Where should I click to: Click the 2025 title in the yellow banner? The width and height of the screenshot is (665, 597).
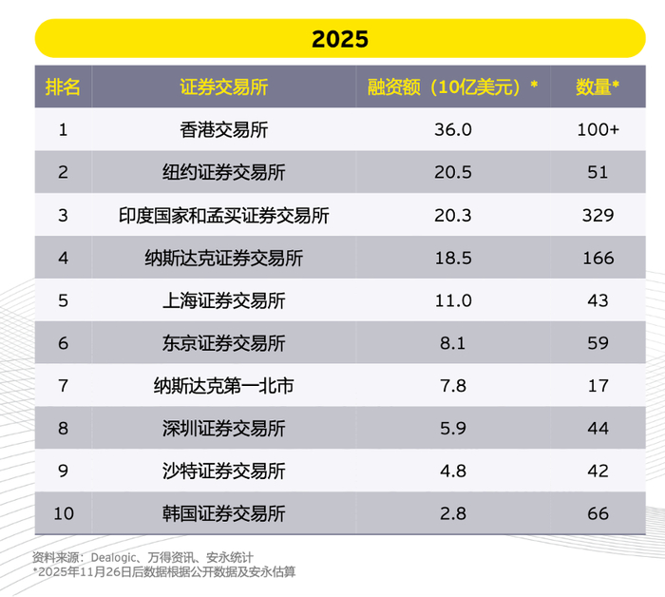340,40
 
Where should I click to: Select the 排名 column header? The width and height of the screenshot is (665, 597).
63,87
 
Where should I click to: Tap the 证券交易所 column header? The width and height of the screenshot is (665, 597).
224,87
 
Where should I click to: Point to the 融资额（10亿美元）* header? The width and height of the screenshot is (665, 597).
452,87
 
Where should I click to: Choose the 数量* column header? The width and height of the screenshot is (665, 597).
598,87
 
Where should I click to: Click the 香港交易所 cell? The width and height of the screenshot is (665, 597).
224,129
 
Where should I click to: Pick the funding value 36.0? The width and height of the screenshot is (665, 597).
452,129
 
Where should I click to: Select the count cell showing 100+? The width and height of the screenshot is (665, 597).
598,129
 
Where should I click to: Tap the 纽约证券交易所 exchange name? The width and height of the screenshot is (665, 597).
224,172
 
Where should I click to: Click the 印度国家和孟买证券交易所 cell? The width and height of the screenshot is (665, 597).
224,215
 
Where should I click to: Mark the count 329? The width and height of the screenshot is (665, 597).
598,215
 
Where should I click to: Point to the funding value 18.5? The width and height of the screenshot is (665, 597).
452,258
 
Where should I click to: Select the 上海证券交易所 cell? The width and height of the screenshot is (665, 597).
224,300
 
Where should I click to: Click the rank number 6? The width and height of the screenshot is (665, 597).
63,343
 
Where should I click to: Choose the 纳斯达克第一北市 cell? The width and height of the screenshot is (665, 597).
224,386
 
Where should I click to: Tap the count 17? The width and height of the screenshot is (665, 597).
598,386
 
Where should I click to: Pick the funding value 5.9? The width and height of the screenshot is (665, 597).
452,429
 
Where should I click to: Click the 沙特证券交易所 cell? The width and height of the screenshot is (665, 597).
224,472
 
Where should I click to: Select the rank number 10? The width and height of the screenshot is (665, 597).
63,514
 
